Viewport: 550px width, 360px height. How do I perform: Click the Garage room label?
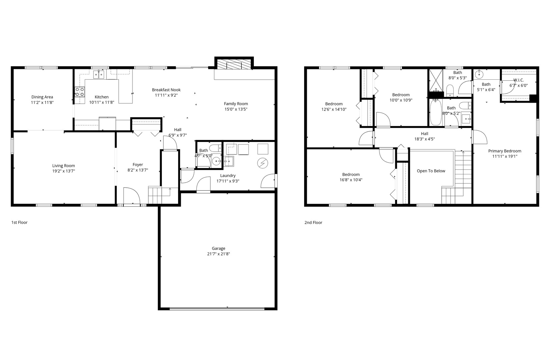(218, 248)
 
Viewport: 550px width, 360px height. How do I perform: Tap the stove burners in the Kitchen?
(79, 92)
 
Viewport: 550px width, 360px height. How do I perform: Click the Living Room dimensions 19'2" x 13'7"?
(63, 171)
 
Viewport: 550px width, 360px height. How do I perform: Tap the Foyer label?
(138, 165)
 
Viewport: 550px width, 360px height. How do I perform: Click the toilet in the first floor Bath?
(215, 148)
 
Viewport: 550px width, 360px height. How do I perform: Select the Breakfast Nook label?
(166, 90)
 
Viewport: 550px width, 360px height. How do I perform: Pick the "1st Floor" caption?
(19, 222)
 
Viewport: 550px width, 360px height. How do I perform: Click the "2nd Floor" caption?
(313, 223)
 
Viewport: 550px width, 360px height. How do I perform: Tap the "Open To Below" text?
(431, 171)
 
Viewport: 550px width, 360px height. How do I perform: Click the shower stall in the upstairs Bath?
(435, 80)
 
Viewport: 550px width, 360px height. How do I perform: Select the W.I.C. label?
(518, 80)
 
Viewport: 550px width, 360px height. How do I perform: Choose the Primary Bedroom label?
(505, 151)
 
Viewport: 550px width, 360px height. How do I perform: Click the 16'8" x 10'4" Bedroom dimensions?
(351, 180)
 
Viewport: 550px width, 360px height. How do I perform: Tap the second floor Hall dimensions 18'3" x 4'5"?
(425, 139)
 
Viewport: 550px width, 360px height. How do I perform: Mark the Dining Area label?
(42, 97)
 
